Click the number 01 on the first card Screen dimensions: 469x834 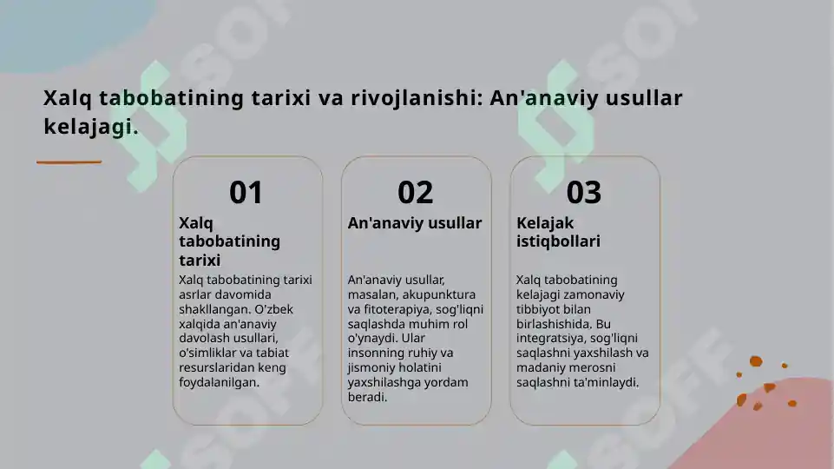(246, 192)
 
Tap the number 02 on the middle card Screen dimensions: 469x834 (416, 192)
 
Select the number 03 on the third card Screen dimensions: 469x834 (584, 192)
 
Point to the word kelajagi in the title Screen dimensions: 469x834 (89, 128)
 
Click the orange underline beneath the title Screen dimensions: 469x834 (69, 162)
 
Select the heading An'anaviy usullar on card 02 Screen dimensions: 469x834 (415, 223)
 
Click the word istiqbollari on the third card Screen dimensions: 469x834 (558, 241)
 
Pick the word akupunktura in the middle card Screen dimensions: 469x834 (439, 294)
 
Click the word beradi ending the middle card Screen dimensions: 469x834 (367, 397)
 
